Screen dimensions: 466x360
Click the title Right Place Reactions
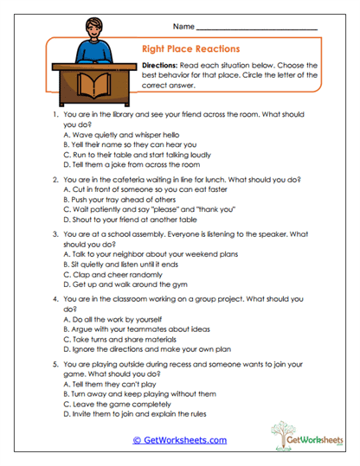(190, 49)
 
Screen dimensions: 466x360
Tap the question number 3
(56, 233)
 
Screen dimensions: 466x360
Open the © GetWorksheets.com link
(180, 440)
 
